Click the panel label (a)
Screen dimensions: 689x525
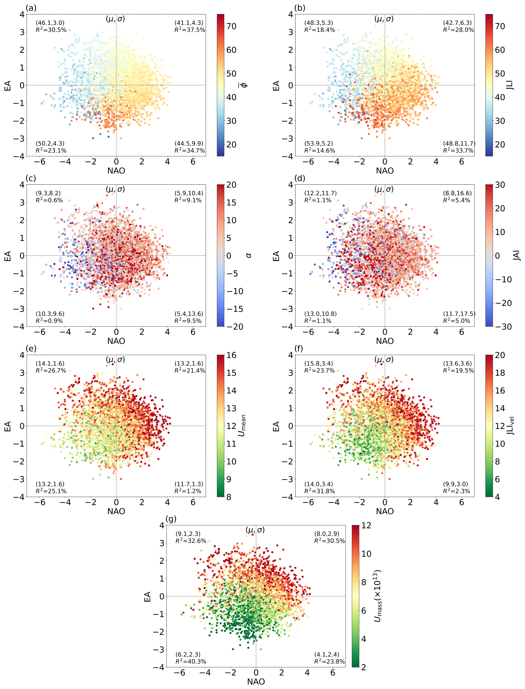[x=31, y=8]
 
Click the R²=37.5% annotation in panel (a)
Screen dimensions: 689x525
[x=190, y=30]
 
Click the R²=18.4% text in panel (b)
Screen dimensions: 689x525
[x=319, y=30]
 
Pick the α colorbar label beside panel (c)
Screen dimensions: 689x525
[x=248, y=255]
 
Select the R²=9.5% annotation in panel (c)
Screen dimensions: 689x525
[x=188, y=321]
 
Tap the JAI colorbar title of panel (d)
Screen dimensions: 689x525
[x=517, y=255]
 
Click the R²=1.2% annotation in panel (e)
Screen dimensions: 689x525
[x=188, y=491]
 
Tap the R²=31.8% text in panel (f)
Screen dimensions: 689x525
[x=319, y=491]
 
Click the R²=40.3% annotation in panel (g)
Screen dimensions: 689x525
[x=191, y=662]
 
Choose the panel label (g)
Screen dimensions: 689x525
[x=171, y=519]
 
